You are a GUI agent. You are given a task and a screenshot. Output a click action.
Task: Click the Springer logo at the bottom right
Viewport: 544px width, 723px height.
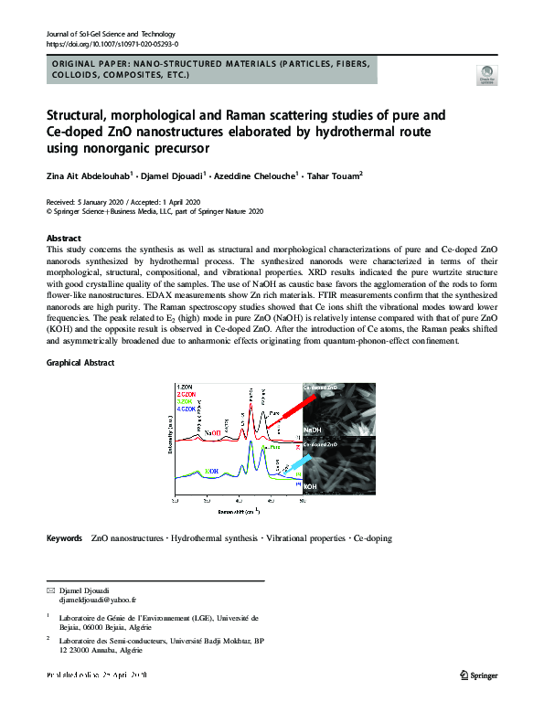477,675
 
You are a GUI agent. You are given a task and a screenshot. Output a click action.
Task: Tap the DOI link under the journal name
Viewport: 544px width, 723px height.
112,43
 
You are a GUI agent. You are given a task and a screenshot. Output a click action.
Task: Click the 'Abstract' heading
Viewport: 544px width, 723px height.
63,238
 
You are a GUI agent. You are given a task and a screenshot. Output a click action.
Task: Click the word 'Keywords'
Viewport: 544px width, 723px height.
65,538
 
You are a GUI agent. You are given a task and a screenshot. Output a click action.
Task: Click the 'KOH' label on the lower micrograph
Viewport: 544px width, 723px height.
312,490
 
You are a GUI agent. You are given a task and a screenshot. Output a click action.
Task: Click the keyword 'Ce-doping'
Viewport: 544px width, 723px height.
372,538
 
